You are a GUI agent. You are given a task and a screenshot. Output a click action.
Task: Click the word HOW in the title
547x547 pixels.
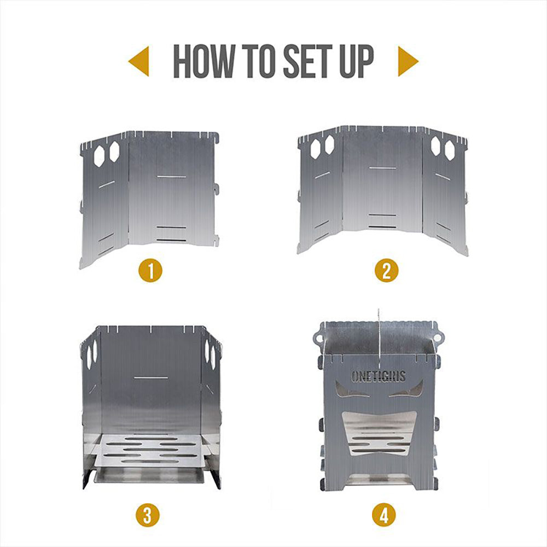tap(203, 62)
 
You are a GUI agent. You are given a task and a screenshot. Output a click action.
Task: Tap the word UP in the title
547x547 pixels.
tap(355, 62)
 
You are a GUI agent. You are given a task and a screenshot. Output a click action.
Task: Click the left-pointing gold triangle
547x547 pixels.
tap(139, 61)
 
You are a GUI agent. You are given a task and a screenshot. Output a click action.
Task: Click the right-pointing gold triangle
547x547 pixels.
tap(408, 61)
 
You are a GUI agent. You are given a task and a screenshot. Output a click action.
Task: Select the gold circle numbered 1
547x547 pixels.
tap(150, 270)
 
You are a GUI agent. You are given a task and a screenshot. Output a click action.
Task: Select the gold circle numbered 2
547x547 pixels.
tap(386, 270)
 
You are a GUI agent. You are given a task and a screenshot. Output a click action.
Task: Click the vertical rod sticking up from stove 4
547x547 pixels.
tap(378, 328)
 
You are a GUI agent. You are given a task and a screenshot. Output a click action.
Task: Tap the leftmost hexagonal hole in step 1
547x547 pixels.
tap(99, 156)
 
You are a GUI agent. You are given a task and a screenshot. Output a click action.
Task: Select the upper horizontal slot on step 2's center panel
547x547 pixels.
tap(382, 167)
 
